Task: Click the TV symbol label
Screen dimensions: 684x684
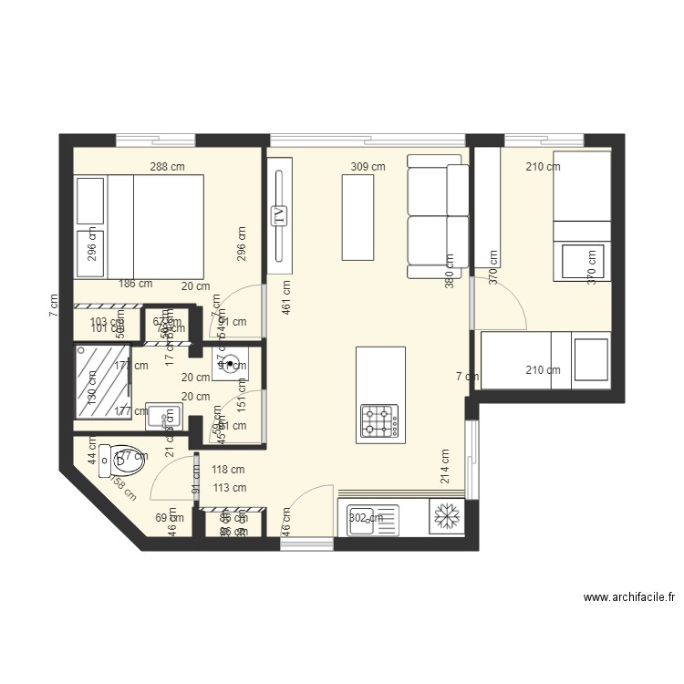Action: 279,216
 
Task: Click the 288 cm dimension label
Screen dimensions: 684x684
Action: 168,167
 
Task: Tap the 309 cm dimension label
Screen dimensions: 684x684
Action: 368,167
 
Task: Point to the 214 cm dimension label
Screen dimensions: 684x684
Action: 445,466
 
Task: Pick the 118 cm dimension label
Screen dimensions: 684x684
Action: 228,471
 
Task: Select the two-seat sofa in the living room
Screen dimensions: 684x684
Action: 435,216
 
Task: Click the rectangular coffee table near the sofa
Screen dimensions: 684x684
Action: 358,217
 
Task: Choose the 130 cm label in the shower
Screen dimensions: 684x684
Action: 91,397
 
